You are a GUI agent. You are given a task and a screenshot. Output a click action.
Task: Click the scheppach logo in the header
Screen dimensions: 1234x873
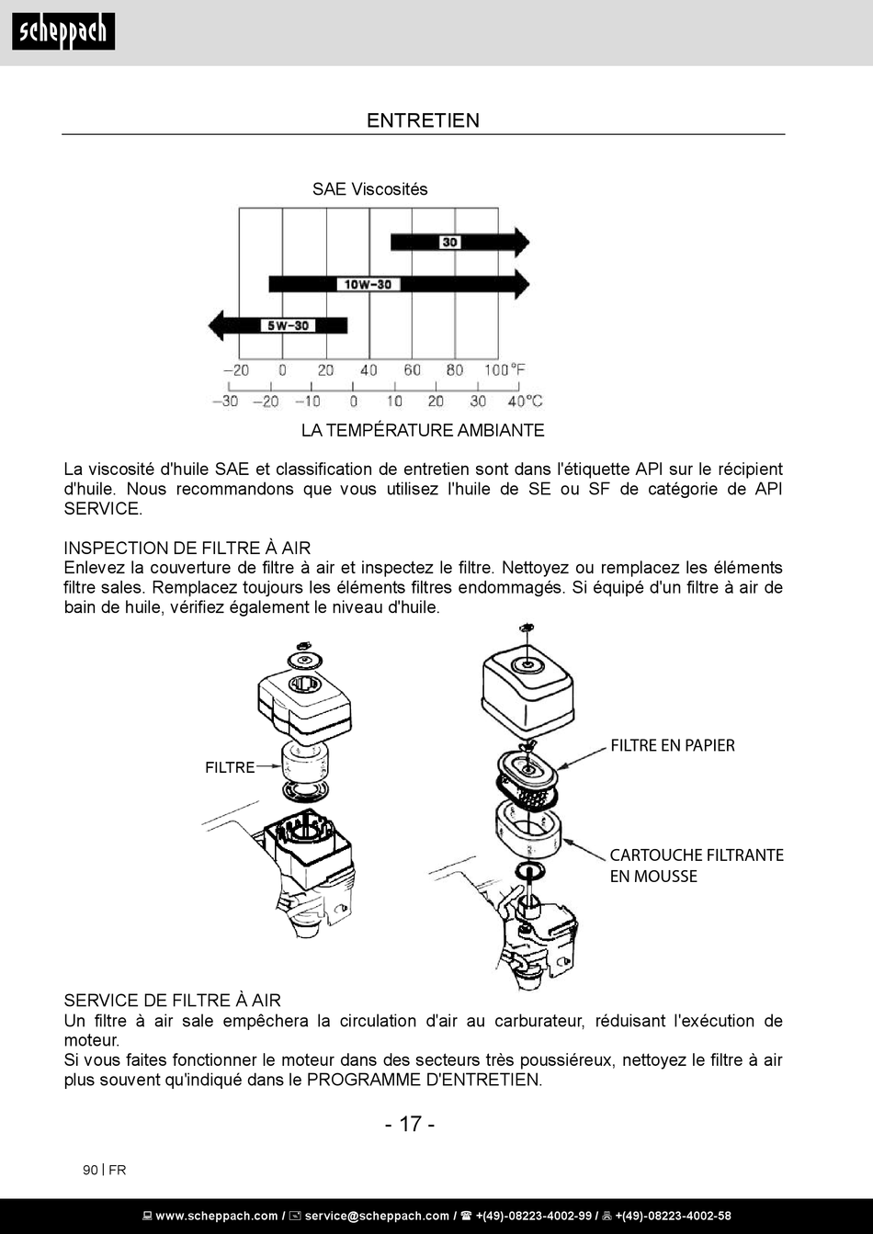(63, 32)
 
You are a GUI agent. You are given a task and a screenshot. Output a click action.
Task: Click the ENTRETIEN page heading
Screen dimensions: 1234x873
(423, 120)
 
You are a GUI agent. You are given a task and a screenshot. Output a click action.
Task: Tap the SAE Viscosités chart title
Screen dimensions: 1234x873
(369, 189)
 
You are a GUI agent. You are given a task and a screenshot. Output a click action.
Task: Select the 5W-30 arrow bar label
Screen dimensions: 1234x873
(289, 325)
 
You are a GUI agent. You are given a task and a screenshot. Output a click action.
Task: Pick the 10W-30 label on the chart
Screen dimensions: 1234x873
(368, 284)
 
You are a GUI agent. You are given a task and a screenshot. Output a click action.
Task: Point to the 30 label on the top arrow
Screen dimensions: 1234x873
(449, 243)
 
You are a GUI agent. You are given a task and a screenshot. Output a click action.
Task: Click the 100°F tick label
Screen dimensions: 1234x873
(505, 370)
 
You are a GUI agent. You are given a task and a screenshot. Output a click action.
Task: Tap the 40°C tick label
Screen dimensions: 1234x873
(524, 401)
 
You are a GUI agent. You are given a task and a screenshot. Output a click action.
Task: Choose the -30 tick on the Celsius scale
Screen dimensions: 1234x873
(224, 401)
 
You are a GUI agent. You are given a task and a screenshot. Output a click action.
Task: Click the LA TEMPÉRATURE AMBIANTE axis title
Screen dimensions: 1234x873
(423, 430)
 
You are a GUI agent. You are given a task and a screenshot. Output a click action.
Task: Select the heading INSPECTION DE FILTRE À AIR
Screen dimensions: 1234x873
(187, 549)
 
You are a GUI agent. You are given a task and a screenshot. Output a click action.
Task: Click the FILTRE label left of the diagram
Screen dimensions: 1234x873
(230, 767)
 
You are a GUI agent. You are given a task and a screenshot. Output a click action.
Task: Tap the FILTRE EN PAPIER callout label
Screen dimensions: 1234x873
(673, 745)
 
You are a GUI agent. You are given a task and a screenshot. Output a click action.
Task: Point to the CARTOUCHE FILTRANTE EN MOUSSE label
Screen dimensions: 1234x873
(696, 866)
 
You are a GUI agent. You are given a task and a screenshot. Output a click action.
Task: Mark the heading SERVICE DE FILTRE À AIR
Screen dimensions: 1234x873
(172, 1001)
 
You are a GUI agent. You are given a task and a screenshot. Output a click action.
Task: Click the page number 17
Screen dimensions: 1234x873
(410, 1124)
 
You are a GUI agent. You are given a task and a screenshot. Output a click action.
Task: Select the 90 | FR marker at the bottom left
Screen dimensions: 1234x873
(104, 1170)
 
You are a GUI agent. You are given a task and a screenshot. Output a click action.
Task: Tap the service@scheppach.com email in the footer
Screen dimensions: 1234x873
(377, 1216)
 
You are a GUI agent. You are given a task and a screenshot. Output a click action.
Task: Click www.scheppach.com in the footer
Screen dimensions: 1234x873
(217, 1216)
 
